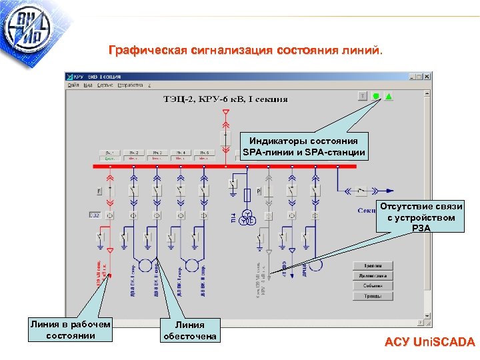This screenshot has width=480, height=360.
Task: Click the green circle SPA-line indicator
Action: click(x=376, y=96)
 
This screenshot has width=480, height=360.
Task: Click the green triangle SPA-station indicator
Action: click(x=389, y=96)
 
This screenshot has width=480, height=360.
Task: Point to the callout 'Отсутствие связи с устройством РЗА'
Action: click(x=421, y=217)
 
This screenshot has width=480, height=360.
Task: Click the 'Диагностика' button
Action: click(x=373, y=276)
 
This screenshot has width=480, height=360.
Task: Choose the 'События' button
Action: click(x=373, y=286)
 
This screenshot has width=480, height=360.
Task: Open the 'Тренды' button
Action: click(x=373, y=296)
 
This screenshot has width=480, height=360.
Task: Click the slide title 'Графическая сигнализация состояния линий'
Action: click(x=246, y=50)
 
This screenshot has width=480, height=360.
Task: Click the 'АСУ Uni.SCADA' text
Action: click(x=429, y=343)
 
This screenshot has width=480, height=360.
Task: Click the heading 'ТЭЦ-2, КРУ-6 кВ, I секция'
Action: click(x=226, y=99)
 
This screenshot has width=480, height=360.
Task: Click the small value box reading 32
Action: click(x=94, y=215)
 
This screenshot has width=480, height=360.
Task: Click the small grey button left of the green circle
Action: click(x=362, y=96)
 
